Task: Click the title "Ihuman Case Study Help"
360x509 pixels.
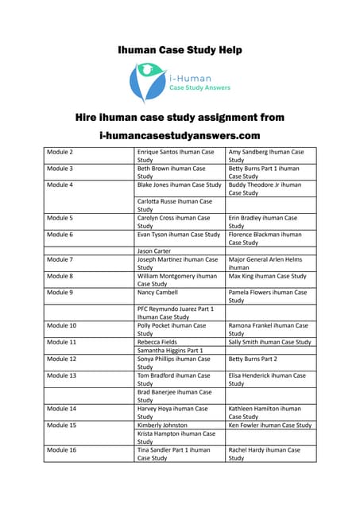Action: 180,50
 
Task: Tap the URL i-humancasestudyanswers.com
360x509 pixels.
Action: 180,136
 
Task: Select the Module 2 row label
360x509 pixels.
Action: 60,151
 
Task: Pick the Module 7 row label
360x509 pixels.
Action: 60,259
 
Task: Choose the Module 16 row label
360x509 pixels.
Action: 62,449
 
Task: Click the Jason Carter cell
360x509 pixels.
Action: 154,251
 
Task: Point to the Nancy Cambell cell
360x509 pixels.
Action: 157,293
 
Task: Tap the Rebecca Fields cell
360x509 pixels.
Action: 157,342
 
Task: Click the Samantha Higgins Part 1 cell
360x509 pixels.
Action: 170,350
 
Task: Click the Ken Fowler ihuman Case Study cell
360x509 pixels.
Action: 270,425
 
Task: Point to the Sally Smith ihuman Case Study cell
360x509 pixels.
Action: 270,342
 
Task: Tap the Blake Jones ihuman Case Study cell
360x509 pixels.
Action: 179,185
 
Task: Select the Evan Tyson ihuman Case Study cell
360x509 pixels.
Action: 178,235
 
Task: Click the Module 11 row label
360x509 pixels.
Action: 62,342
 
